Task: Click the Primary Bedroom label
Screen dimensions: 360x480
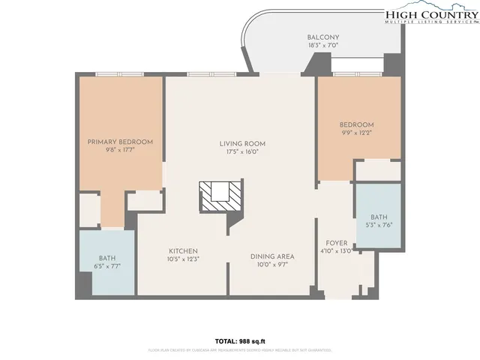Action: pos(120,142)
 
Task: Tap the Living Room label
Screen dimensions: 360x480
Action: pos(242,144)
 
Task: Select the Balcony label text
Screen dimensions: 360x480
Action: pos(323,37)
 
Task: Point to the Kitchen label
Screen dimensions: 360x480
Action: pos(182,251)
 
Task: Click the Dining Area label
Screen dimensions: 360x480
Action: pos(272,256)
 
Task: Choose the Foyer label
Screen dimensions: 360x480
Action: pos(336,243)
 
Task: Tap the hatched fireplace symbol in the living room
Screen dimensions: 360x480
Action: pos(220,196)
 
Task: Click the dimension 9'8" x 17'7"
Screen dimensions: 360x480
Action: pos(120,150)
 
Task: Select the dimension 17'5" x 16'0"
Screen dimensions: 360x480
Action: pos(242,152)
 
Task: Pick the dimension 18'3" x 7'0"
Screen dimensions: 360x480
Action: pos(323,46)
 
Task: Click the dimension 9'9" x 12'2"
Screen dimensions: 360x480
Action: pos(357,133)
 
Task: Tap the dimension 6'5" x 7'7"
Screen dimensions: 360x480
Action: pos(106,266)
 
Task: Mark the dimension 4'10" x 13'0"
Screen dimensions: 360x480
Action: pos(336,251)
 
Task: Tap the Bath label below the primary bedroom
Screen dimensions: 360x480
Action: pos(106,258)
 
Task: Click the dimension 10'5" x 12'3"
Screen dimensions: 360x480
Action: pos(182,259)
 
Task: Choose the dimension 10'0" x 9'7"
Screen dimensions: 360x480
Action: pos(272,265)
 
